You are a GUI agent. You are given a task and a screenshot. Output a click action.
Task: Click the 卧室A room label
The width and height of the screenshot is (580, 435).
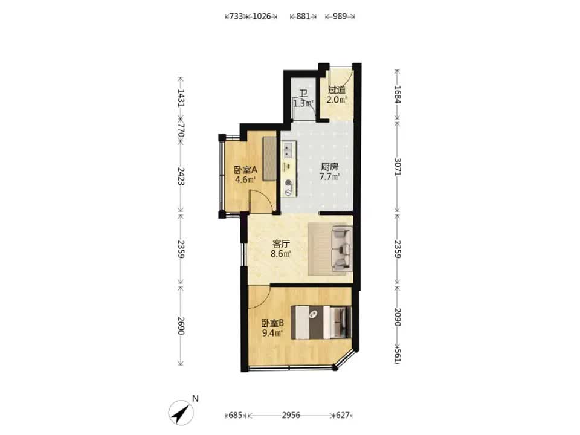click(x=245, y=170)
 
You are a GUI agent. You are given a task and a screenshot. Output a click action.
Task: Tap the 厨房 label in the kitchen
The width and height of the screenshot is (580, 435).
click(x=329, y=167)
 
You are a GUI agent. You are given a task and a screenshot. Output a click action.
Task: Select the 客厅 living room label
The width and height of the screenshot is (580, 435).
click(x=281, y=243)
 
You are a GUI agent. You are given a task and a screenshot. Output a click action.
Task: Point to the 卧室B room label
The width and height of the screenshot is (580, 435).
click(x=272, y=323)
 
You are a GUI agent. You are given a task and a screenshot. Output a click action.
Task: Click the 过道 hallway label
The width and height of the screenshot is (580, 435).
click(x=337, y=90)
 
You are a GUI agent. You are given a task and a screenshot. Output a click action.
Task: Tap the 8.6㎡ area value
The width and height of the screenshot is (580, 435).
click(x=281, y=254)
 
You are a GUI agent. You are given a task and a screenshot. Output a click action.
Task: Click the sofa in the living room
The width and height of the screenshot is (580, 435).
click(x=342, y=248)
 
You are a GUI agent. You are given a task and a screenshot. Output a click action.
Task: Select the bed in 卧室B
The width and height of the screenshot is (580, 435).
click(x=321, y=322)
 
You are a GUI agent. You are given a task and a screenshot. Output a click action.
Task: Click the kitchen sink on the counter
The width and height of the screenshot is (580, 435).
click(x=288, y=151)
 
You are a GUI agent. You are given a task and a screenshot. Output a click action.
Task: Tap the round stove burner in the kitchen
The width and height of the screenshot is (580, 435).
click(x=288, y=182)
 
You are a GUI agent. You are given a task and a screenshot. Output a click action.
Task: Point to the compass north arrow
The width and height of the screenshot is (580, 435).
click(x=181, y=412)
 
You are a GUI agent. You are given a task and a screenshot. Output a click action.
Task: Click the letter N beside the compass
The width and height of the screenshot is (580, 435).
click(x=195, y=399)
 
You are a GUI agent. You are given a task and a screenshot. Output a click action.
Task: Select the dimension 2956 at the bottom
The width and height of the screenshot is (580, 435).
click(x=291, y=416)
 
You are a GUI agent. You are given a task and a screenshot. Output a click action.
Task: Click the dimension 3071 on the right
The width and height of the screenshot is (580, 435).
click(x=398, y=167)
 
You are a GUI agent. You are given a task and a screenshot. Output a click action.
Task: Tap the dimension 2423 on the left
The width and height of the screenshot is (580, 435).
click(x=181, y=176)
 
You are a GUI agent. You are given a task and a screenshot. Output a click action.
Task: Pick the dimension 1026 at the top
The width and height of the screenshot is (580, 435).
click(x=262, y=16)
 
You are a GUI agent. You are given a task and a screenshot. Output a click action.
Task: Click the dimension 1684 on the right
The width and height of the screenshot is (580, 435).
click(x=398, y=94)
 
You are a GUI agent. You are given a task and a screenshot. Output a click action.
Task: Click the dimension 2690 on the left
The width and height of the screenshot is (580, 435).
click(x=181, y=326)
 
